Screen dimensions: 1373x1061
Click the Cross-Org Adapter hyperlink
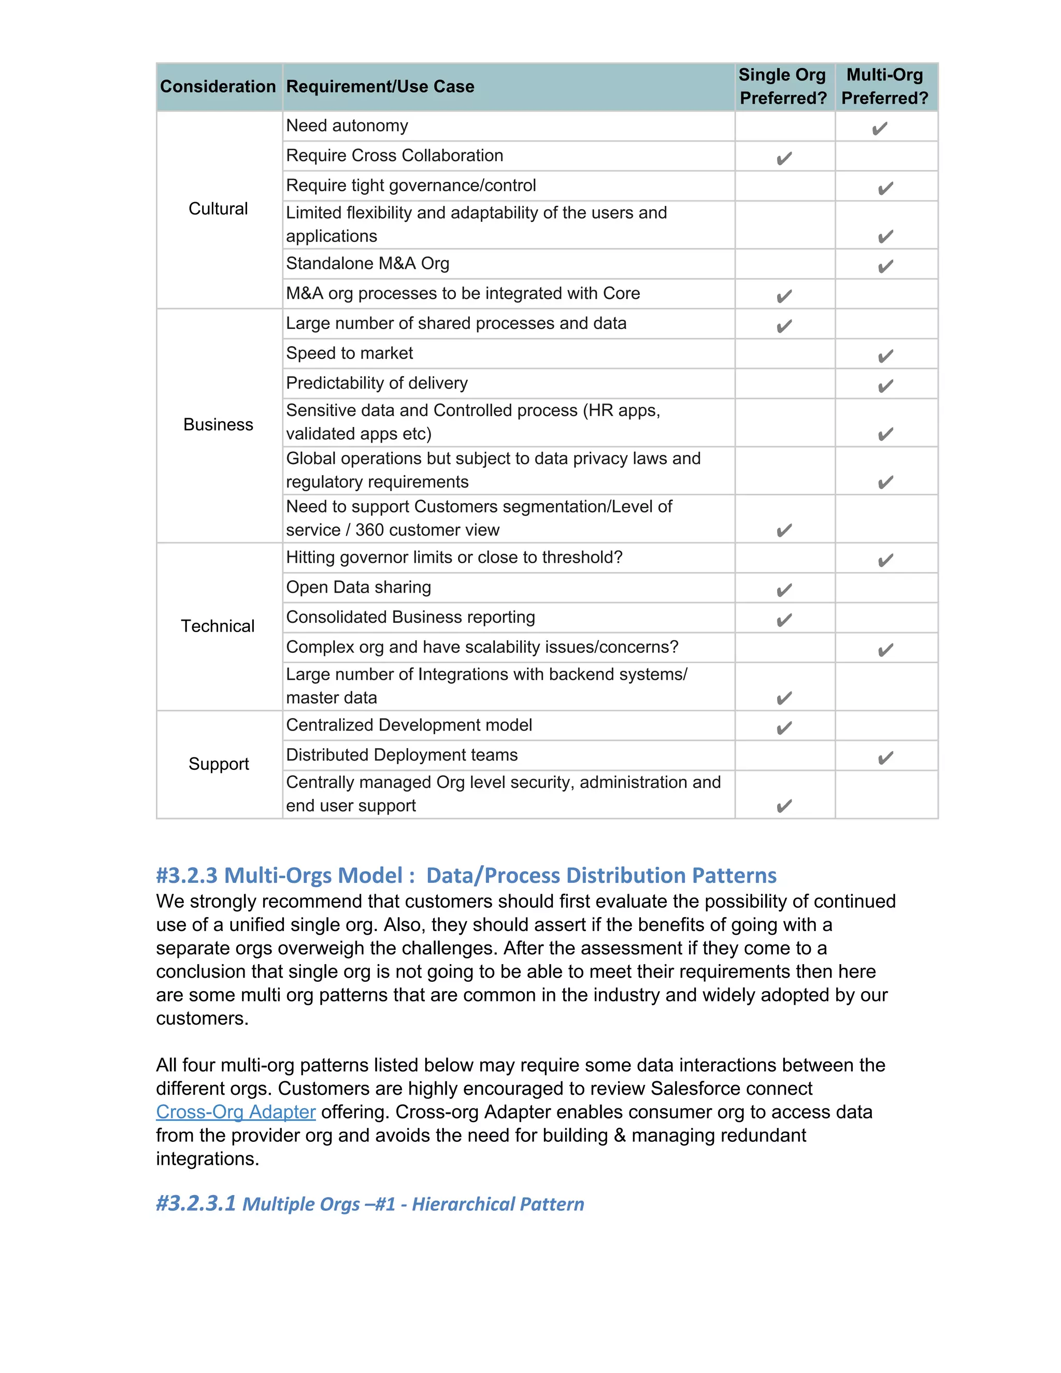pos(235,1111)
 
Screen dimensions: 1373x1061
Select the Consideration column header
pos(218,87)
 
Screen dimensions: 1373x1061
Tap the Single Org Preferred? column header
pos(783,87)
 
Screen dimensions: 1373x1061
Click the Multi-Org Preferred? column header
pos(884,87)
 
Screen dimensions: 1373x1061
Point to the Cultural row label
pos(218,209)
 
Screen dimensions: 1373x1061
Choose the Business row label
pos(218,425)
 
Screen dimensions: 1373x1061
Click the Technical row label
pos(218,626)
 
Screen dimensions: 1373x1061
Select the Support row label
pos(218,764)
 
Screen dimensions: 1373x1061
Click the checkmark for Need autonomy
pos(879,129)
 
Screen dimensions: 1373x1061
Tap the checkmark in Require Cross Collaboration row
pos(784,159)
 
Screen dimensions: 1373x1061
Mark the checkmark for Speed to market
pos(885,356)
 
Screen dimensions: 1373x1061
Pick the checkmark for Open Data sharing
pos(784,590)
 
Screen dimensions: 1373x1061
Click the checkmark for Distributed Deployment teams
pos(885,758)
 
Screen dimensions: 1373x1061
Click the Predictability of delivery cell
pos(377,383)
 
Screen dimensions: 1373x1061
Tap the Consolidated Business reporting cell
pos(410,618)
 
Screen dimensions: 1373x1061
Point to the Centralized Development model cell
pos(409,725)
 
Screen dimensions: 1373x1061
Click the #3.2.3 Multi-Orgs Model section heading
pos(466,875)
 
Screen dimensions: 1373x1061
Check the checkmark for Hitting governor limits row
pos(885,560)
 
